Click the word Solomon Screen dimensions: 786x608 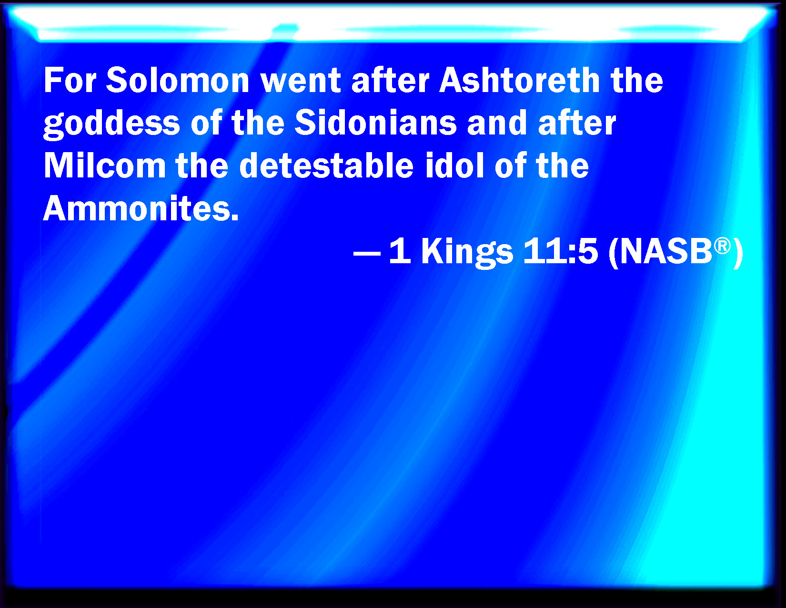pos(178,80)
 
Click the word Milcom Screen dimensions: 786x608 pos(104,165)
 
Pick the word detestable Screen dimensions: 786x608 pos(326,165)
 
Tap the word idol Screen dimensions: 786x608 pos(454,165)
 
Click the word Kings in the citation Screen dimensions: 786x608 pos(467,253)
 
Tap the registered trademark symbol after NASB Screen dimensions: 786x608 pos(722,246)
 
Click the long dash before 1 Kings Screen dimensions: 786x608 pos(367,252)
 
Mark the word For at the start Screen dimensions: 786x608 pos(70,80)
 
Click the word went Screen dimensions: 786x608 pos(301,81)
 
